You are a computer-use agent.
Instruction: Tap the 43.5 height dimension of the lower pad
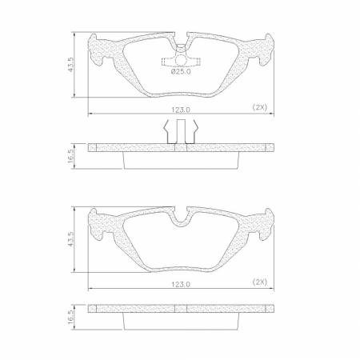(72, 239)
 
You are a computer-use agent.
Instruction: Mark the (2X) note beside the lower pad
(259, 282)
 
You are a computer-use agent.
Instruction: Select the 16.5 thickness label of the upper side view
(72, 154)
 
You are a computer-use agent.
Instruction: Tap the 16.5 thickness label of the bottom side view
(72, 317)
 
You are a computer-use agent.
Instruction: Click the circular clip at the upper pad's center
(180, 60)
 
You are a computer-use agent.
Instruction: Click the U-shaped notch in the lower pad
(180, 216)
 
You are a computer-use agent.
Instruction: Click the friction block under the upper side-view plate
(180, 159)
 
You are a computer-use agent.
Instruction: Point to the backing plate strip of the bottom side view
(180, 309)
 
